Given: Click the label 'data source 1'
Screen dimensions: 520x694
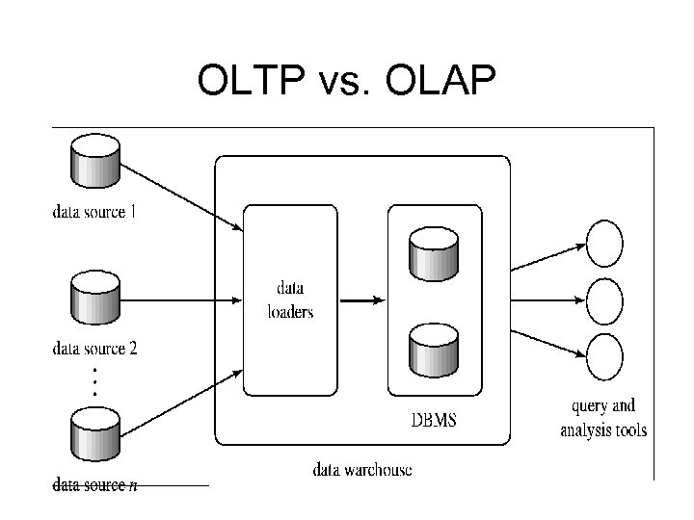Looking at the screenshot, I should pyautogui.click(x=94, y=212).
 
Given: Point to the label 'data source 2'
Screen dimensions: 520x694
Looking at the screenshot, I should pyautogui.click(x=94, y=349).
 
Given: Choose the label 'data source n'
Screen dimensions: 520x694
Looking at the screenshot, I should pyautogui.click(x=94, y=485).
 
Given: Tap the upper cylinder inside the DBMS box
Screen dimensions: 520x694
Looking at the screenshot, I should pyautogui.click(x=434, y=253).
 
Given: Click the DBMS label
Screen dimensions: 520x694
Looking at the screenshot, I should pyautogui.click(x=435, y=421).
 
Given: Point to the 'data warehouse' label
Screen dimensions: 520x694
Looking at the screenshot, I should pyautogui.click(x=362, y=470).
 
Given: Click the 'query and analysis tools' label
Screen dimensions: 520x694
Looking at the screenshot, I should pyautogui.click(x=603, y=418).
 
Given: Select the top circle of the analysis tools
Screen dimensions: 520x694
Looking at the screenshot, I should pyautogui.click(x=604, y=244).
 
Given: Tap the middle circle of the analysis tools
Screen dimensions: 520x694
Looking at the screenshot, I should pyautogui.click(x=604, y=299).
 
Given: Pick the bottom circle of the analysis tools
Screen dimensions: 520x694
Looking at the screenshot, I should pyautogui.click(x=604, y=355).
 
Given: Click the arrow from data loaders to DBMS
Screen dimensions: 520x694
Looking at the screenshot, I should pyautogui.click(x=361, y=300).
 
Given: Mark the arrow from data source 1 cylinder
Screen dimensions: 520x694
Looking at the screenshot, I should pyautogui.click(x=183, y=196).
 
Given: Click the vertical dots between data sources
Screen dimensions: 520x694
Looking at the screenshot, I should pyautogui.click(x=94, y=382).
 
